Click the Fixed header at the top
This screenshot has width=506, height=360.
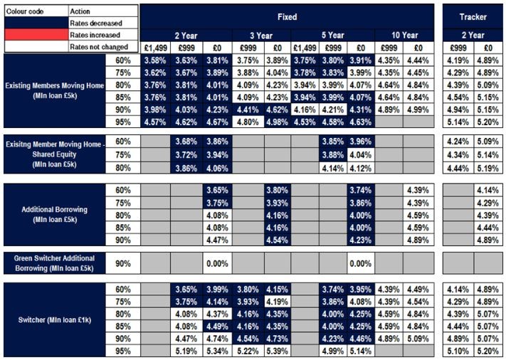click(287, 15)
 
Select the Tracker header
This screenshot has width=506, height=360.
click(473, 15)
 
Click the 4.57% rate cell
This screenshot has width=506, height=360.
click(154, 121)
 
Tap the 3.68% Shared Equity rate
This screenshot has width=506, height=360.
click(186, 142)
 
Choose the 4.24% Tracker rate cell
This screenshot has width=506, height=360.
click(458, 142)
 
